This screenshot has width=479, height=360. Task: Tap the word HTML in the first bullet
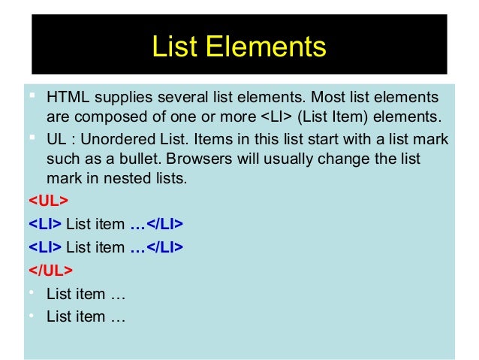tap(66, 98)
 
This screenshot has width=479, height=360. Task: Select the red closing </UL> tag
tap(51, 268)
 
